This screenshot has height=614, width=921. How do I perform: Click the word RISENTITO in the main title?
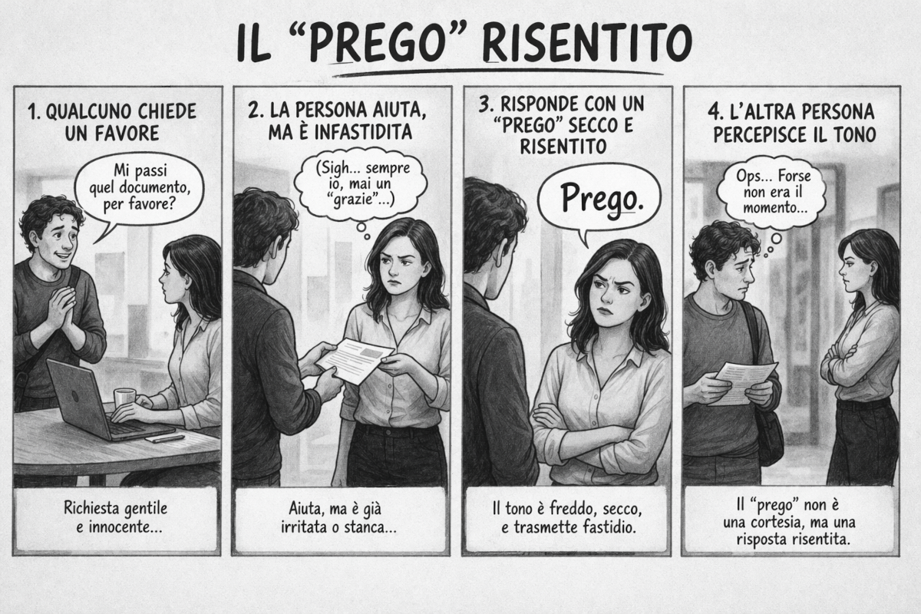pos(587,43)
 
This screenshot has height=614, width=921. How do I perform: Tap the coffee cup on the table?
pos(124,398)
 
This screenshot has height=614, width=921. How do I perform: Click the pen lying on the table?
pos(164,439)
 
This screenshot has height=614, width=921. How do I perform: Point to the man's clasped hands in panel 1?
pos(61,306)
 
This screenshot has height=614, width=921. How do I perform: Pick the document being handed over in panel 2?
pos(355,360)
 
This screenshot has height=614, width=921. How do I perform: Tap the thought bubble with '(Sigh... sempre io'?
pos(360,185)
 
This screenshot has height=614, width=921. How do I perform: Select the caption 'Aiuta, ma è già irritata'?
pos(338,517)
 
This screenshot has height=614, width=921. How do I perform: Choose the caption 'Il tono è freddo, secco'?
pos(567,517)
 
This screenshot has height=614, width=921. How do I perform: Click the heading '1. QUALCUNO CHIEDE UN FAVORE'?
pos(112,122)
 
